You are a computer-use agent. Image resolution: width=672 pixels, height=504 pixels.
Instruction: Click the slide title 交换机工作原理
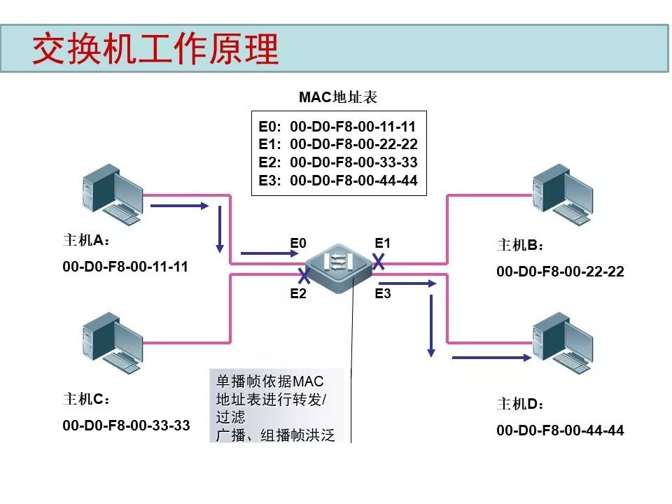pos(155,49)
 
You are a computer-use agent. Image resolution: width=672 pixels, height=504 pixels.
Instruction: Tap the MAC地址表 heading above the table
pos(338,97)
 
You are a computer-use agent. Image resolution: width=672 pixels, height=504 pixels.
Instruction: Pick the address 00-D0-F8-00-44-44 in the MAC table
pos(353,181)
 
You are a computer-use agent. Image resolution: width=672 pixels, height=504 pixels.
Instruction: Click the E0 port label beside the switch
pos(298,243)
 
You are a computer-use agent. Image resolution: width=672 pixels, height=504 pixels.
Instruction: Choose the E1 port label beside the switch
pos(382,243)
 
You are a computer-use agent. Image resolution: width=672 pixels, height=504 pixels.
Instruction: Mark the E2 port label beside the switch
pos(298,293)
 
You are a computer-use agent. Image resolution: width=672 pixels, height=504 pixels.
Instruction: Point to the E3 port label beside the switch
pos(382,293)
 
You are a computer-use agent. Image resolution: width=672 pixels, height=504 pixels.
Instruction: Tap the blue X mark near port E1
pos(379,261)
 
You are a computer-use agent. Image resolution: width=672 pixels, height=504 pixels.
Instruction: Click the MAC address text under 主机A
pos(125,267)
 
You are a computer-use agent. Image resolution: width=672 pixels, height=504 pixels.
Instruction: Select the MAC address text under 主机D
pos(560,430)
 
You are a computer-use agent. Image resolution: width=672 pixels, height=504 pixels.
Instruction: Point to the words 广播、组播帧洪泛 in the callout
pos(275,435)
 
